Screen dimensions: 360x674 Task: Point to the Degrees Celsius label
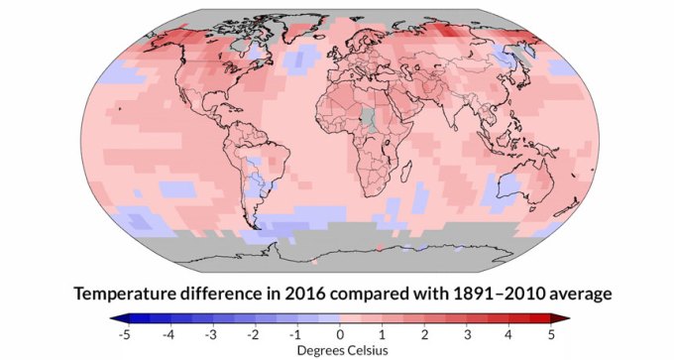pyautogui.click(x=339, y=349)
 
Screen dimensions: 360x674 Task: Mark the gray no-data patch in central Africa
pyautogui.click(x=370, y=121)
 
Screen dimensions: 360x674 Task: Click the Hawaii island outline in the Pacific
pyautogui.click(x=118, y=106)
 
